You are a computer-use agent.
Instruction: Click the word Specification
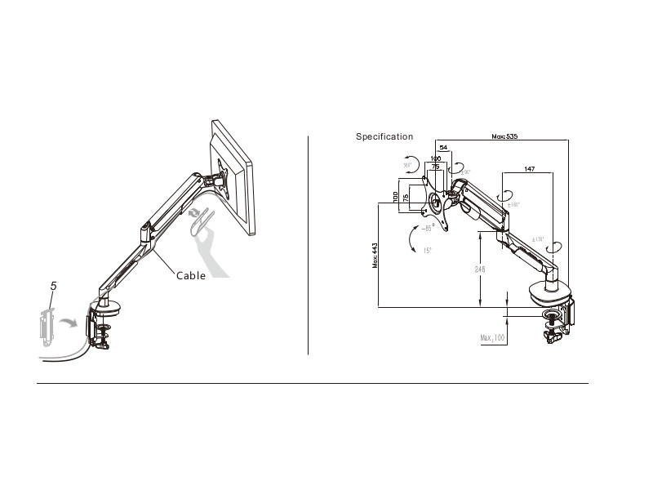coord(384,136)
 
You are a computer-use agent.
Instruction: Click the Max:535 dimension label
coord(504,136)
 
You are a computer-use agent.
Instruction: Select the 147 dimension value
coord(530,169)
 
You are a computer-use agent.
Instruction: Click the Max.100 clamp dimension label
coord(492,337)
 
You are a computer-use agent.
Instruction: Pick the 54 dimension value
coord(443,147)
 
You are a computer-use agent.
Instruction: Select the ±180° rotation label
coord(511,205)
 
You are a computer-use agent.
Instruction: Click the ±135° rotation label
coord(539,239)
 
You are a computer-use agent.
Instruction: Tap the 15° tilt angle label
coord(427,251)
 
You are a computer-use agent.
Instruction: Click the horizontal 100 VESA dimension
coord(435,158)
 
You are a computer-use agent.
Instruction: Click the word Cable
coord(191,276)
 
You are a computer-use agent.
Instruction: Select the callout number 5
coord(54,286)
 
